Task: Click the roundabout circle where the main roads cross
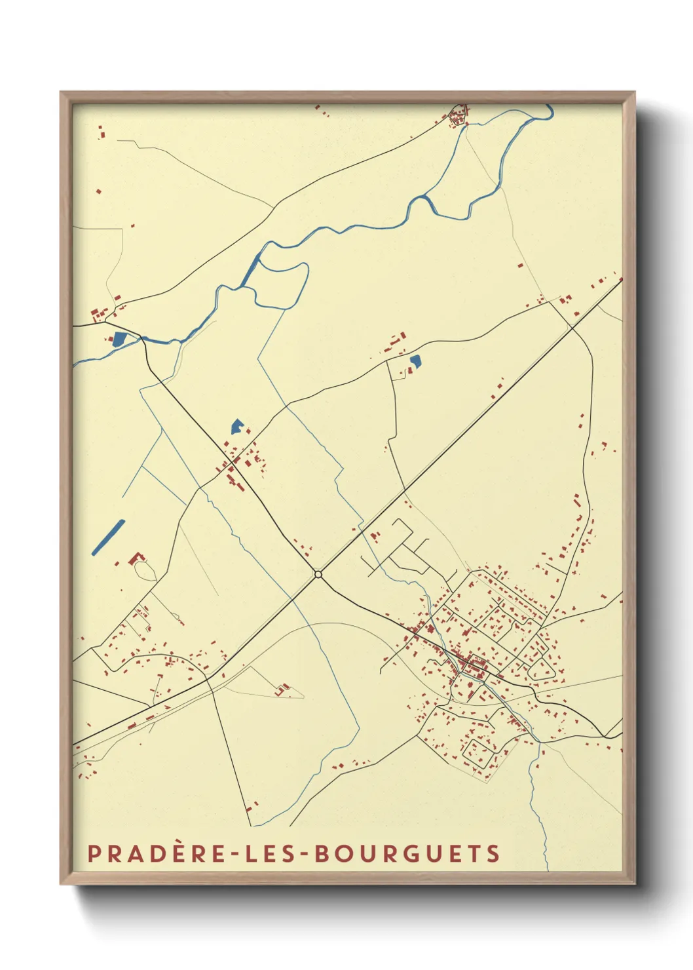[x=318, y=574]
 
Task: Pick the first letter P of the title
[x=94, y=853]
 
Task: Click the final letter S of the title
[x=493, y=853]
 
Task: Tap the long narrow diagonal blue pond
[x=108, y=537]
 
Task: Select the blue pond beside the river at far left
[x=119, y=339]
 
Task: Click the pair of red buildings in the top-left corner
[x=102, y=132]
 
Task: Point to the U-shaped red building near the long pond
[x=137, y=558]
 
